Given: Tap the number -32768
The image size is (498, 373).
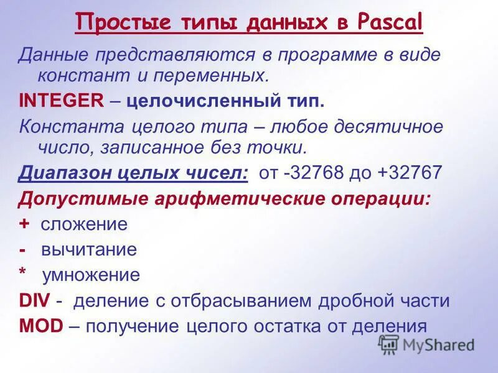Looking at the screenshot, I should [312, 173].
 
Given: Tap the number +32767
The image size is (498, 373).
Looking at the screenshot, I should [410, 173].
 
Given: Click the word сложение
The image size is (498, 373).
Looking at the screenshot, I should [83, 224].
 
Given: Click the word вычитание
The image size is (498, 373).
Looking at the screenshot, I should [88, 250].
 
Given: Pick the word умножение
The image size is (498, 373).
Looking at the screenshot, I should [91, 275].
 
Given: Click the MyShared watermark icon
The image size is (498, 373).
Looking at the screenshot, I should [388, 344].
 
